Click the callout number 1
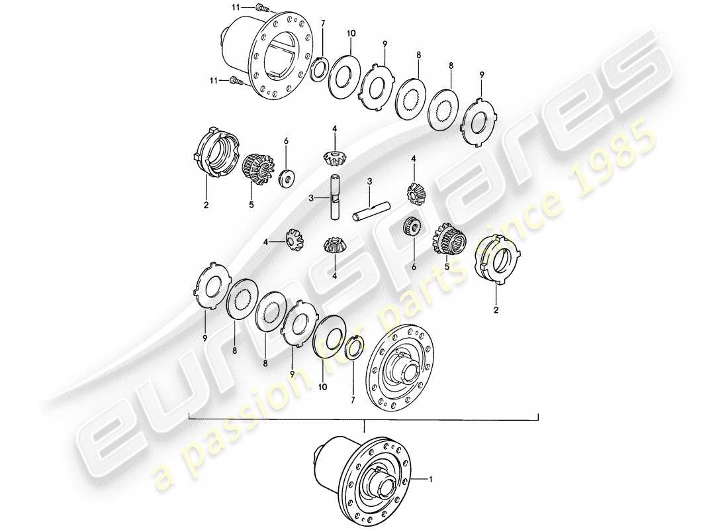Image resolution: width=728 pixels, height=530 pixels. point(432,478)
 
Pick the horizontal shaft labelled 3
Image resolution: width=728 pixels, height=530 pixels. point(371,213)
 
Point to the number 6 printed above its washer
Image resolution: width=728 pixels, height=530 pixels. point(286,141)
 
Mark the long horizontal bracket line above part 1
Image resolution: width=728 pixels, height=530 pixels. point(364,419)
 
